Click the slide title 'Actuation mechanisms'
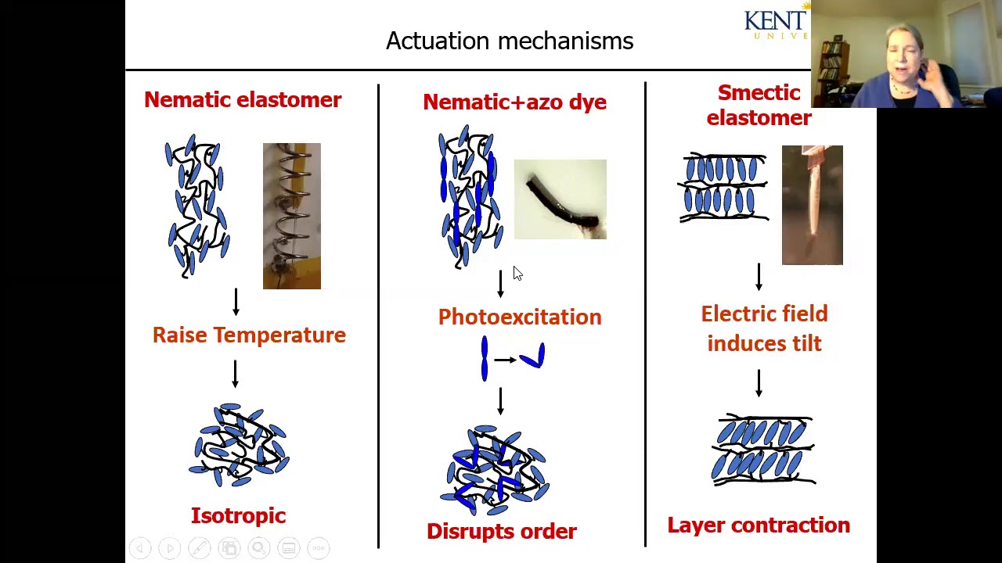click(x=510, y=41)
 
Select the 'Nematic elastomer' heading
click(x=243, y=100)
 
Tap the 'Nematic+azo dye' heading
click(x=514, y=102)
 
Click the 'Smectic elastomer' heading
click(x=759, y=106)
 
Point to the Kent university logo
click(x=776, y=23)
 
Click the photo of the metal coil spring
click(x=291, y=216)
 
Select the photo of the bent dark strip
click(x=560, y=199)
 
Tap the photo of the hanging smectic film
click(x=812, y=205)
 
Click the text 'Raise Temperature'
click(x=249, y=335)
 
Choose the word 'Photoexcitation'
click(x=520, y=317)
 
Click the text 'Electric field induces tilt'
click(x=764, y=328)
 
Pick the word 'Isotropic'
click(x=239, y=516)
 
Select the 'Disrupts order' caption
click(x=502, y=532)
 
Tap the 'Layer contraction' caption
click(x=759, y=525)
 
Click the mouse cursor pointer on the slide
click(x=517, y=272)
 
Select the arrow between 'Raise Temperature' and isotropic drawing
click(x=235, y=374)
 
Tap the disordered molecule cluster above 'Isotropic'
click(x=239, y=442)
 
